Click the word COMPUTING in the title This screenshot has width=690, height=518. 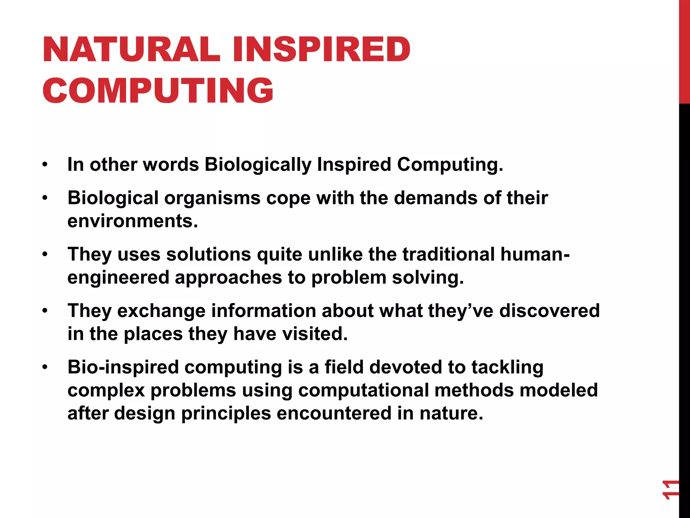(x=158, y=90)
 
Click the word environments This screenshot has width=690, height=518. (x=132, y=221)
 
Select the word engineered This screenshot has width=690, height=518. (x=118, y=278)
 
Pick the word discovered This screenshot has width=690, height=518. (x=549, y=311)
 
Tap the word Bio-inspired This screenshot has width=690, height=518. (x=123, y=367)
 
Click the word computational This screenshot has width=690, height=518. (x=363, y=391)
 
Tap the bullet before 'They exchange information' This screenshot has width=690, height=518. (x=45, y=311)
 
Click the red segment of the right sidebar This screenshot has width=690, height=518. (x=684, y=51)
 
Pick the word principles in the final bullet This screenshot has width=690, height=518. (x=226, y=413)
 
